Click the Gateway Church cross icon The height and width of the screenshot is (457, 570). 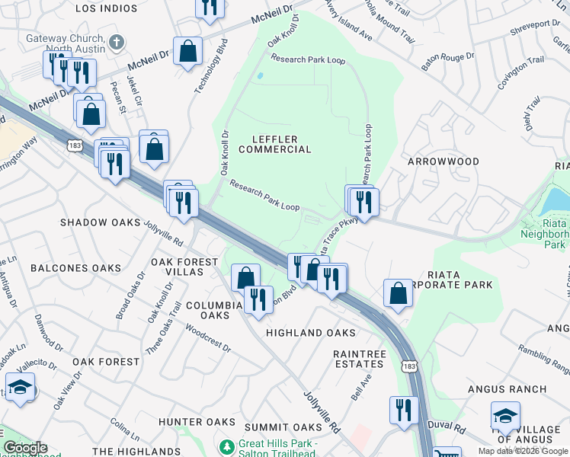click(x=115, y=42)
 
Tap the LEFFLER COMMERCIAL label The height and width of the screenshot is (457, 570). click(x=275, y=143)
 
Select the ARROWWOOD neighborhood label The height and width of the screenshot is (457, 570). click(x=444, y=162)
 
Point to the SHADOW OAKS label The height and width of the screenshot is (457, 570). click(x=101, y=222)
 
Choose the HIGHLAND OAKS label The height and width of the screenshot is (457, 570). click(x=310, y=333)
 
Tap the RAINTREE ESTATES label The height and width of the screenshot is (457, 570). click(x=360, y=360)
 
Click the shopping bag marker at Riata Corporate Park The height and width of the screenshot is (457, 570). click(x=399, y=293)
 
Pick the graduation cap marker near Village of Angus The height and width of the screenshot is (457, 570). click(x=504, y=416)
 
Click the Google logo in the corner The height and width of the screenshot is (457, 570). click(x=24, y=448)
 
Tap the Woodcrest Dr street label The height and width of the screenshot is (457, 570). click(x=208, y=340)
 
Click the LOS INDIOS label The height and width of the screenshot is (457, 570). click(x=107, y=8)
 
